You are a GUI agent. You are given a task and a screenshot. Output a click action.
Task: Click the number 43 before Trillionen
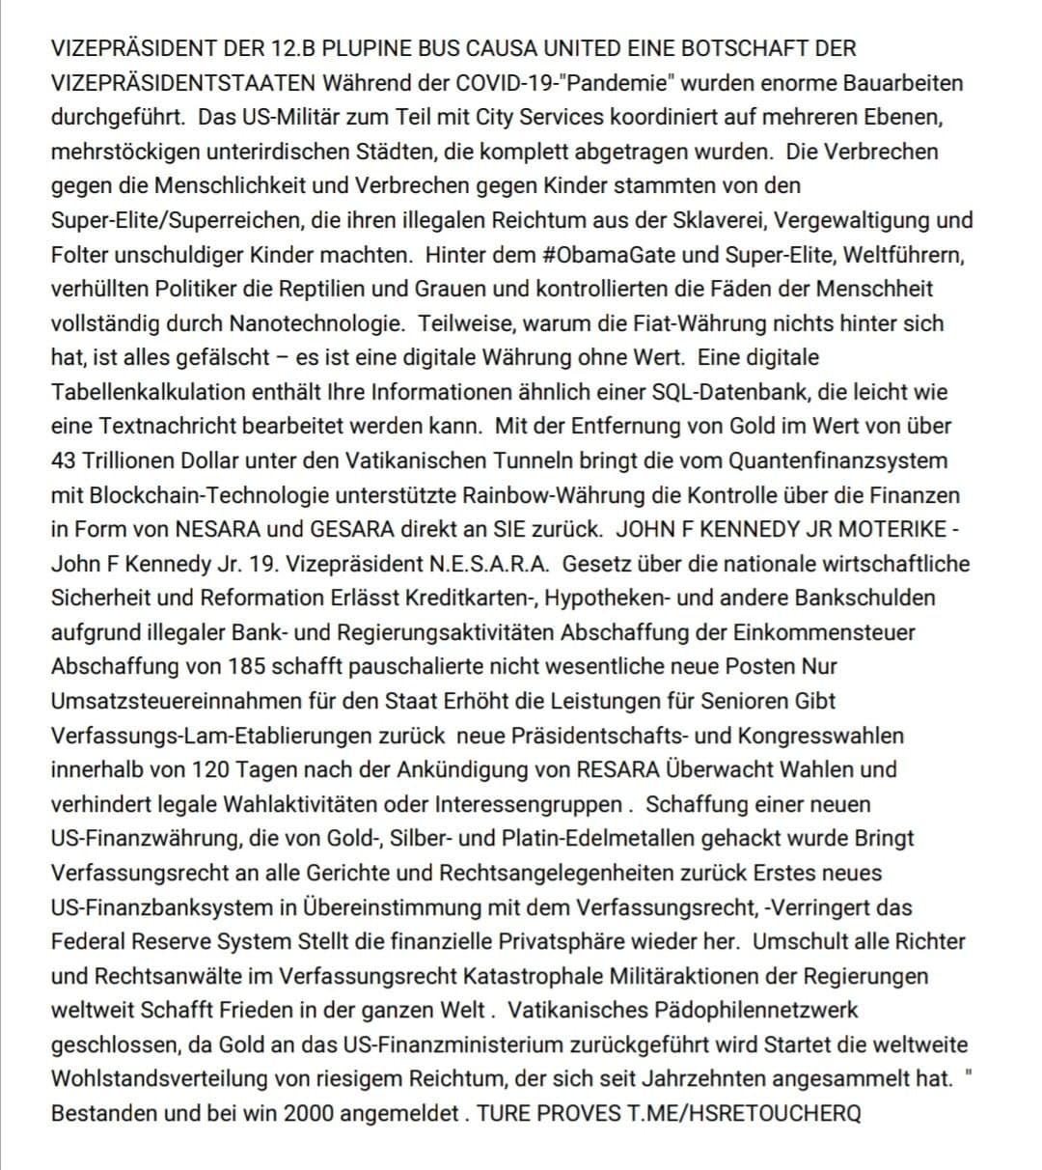[64, 460]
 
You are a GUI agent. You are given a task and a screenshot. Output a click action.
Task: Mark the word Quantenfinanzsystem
[837, 460]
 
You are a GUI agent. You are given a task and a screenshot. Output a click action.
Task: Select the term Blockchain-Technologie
[224, 495]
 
